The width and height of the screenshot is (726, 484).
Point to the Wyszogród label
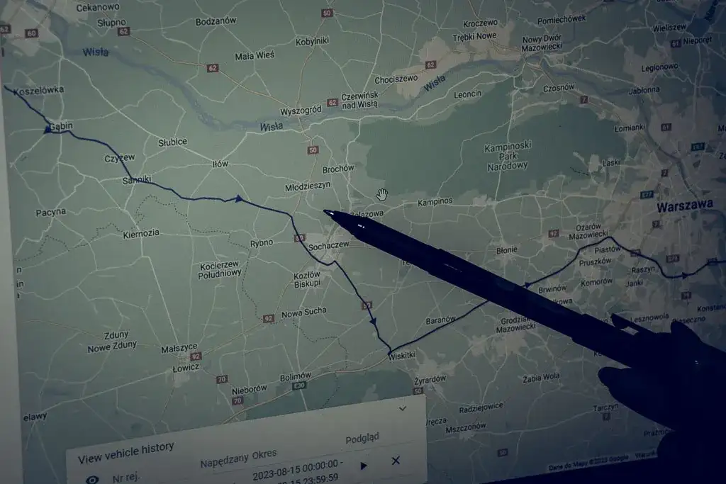pyautogui.click(x=301, y=111)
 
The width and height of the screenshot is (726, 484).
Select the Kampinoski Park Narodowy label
pyautogui.click(x=508, y=157)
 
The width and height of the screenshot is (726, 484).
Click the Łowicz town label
pyautogui.click(x=186, y=368)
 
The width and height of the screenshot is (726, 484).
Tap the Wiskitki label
pyautogui.click(x=401, y=357)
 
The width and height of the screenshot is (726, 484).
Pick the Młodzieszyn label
pyautogui.click(x=308, y=186)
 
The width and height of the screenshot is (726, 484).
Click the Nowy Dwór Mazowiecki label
pyautogui.click(x=541, y=43)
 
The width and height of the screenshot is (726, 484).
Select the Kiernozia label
pyautogui.click(x=141, y=233)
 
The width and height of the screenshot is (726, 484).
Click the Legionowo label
pyautogui.click(x=659, y=67)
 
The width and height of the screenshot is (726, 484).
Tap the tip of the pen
pyautogui.click(x=325, y=211)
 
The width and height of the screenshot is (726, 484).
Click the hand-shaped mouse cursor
pyautogui.click(x=383, y=194)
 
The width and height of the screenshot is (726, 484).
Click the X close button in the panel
pyautogui.click(x=396, y=461)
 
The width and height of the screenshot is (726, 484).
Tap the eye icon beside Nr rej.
pyautogui.click(x=92, y=479)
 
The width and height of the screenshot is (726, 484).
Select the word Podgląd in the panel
pyautogui.click(x=362, y=439)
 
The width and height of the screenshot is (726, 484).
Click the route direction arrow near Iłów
pyautogui.click(x=239, y=199)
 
